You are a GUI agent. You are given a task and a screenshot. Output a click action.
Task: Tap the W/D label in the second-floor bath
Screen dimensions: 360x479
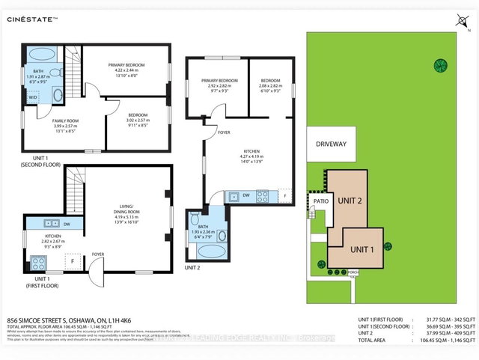[x=33, y=97]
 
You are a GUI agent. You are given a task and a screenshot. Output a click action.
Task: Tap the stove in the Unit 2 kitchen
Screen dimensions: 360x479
[x=263, y=196]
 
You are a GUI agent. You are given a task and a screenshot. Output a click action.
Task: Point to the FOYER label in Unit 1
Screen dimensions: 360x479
[x=98, y=253]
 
